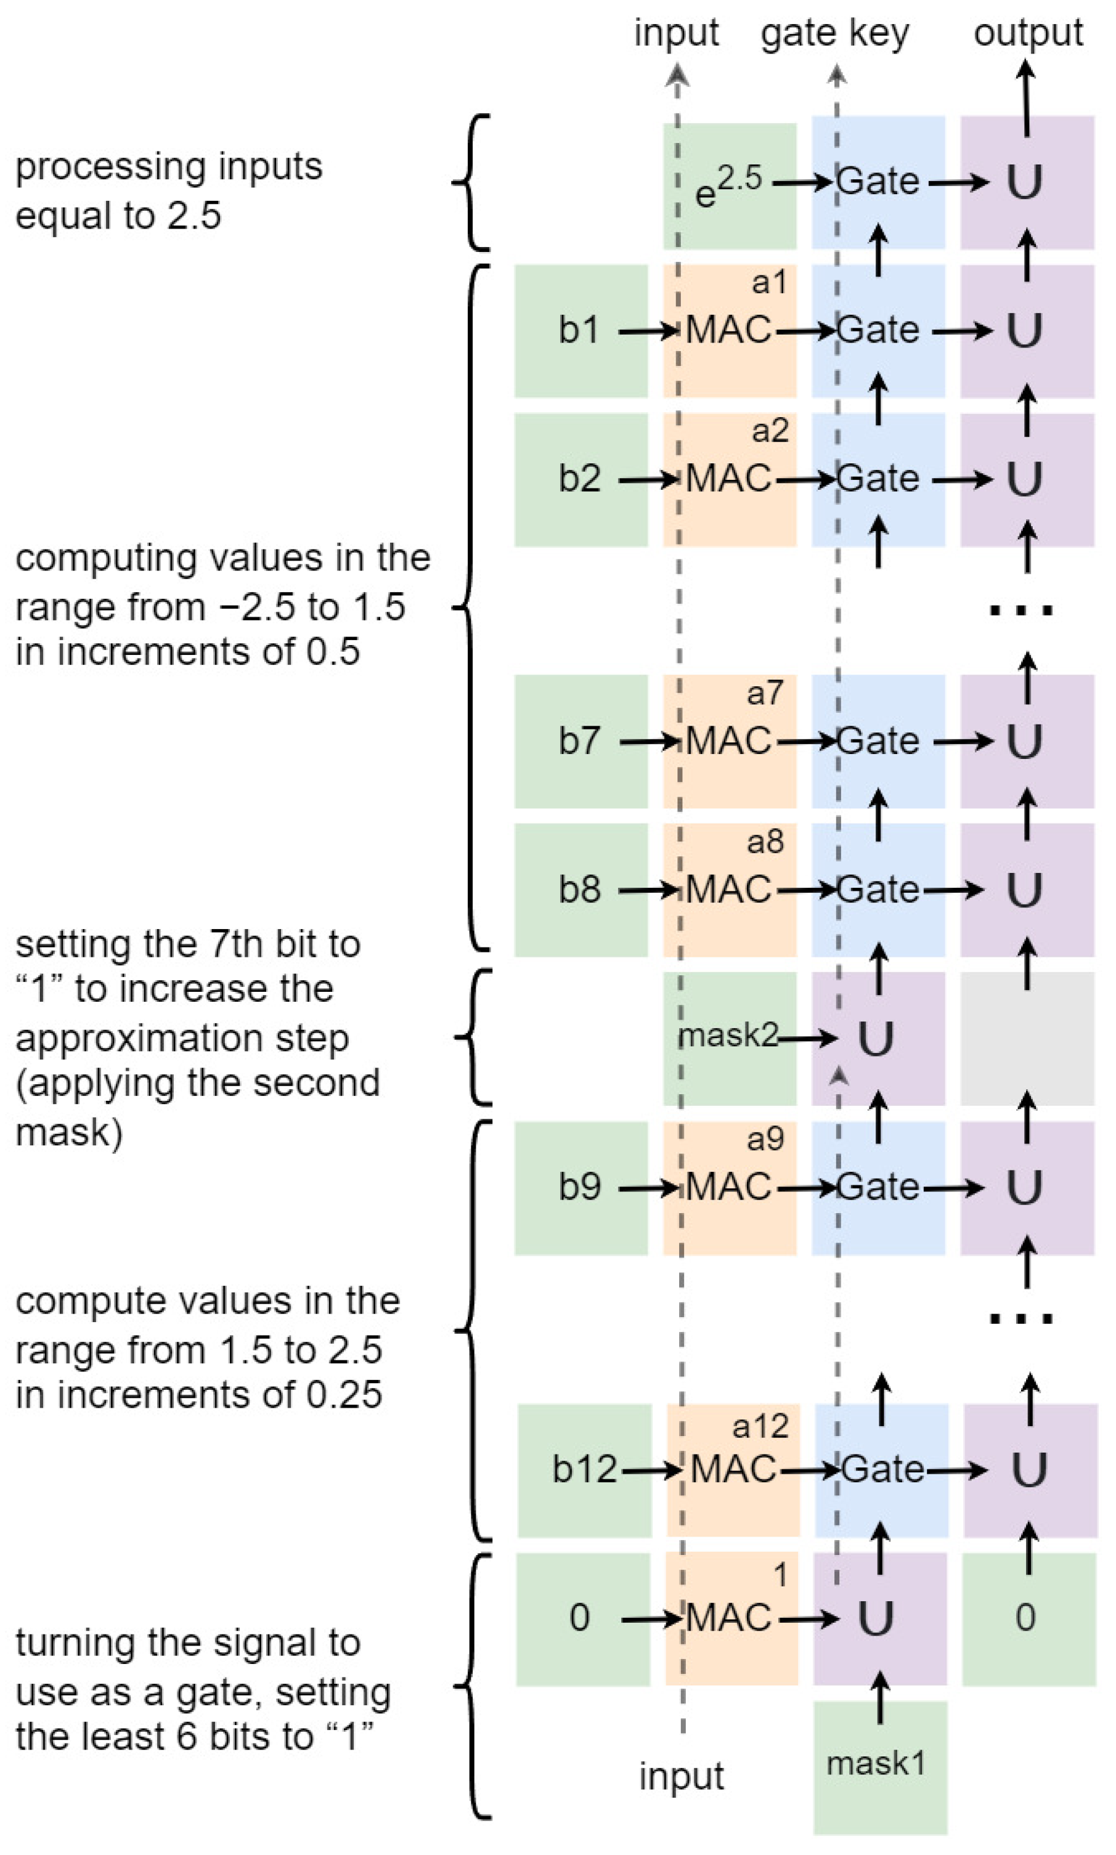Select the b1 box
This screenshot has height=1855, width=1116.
click(x=580, y=331)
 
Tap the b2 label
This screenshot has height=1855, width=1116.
click(x=579, y=479)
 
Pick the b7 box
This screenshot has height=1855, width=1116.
click(x=580, y=741)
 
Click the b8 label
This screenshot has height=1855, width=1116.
click(x=579, y=889)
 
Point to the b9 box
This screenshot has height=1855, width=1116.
click(x=580, y=1188)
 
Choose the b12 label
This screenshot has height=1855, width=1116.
click(x=584, y=1469)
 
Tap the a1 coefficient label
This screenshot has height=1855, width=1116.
click(x=768, y=283)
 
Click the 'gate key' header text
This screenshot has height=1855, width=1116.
click(x=835, y=34)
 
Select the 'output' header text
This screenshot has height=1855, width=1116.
click(x=1027, y=34)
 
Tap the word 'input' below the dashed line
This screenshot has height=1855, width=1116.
click(x=682, y=1777)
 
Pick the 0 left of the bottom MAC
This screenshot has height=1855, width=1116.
click(x=579, y=1617)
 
